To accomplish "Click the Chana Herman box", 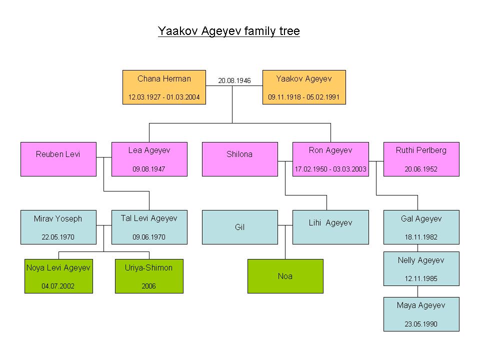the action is click(x=164, y=87).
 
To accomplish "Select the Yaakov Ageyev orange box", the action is click(x=304, y=87).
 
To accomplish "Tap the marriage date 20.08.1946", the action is click(x=234, y=80).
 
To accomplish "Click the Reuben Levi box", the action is click(x=58, y=159).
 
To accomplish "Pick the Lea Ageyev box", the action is click(x=149, y=159).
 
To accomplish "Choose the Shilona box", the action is click(x=240, y=159).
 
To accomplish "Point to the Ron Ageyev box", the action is click(x=330, y=159).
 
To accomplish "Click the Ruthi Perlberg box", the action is click(x=421, y=159).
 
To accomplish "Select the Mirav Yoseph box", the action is click(x=58, y=227).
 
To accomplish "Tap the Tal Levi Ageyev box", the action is click(x=149, y=227).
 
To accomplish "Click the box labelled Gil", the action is click(x=240, y=227).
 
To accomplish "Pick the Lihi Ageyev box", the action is click(x=330, y=227).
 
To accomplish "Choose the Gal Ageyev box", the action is click(x=421, y=227).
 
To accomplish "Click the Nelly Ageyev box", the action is click(x=421, y=269).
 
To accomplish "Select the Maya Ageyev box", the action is click(x=421, y=314).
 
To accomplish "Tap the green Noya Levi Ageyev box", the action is click(x=58, y=276).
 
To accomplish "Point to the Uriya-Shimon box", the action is click(x=149, y=276).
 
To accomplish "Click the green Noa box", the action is click(x=285, y=276).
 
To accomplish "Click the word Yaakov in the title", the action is click(x=177, y=31).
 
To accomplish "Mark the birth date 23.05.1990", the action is click(x=421, y=324).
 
